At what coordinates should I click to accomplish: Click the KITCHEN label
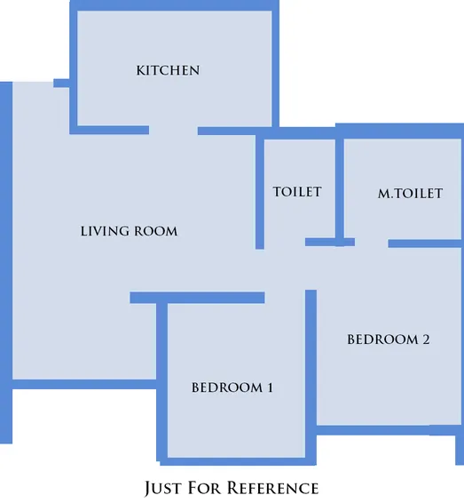click(168, 70)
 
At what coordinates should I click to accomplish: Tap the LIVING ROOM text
click(129, 231)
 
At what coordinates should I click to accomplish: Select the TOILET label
click(296, 192)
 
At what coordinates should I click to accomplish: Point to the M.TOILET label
click(410, 193)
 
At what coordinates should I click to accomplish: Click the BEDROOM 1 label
click(232, 387)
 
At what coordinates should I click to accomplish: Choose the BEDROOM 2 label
click(389, 339)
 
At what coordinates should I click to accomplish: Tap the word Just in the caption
click(162, 488)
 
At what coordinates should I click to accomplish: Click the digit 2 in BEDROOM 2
click(426, 339)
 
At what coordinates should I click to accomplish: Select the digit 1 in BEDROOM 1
click(269, 387)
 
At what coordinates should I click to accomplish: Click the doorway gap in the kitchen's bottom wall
click(173, 131)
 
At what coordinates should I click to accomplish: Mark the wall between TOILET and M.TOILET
click(340, 187)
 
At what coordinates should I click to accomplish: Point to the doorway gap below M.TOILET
click(371, 243)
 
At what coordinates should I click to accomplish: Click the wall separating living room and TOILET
click(260, 191)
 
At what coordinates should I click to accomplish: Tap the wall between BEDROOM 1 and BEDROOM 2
click(311, 373)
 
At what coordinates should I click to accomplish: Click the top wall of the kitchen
click(173, 5)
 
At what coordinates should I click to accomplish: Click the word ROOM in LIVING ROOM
click(155, 231)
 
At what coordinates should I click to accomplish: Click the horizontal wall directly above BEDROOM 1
click(197, 298)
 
